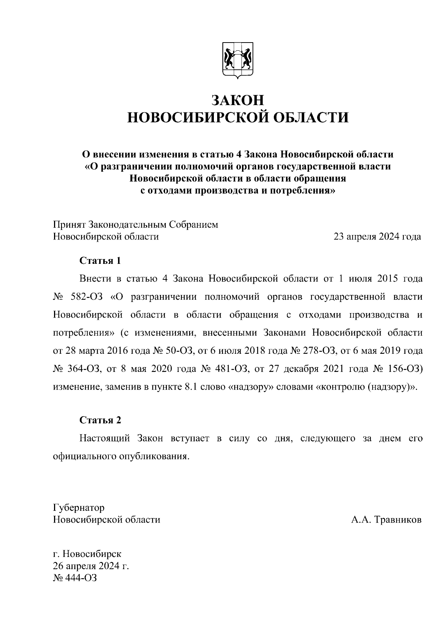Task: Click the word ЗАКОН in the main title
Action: pos(238,100)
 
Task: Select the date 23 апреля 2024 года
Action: pos(377,236)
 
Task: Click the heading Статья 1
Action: pos(100,261)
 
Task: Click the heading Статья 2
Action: pos(100,420)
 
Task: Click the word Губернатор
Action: pos(79,507)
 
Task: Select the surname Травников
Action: pos(398,520)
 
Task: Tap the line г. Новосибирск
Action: pos(87,554)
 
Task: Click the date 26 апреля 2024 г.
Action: pos(91,566)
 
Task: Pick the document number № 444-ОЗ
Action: pos(75,578)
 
